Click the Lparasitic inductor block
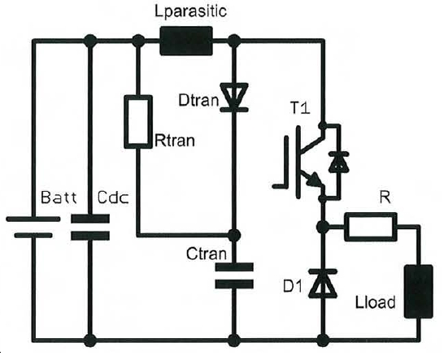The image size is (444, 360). click(x=186, y=41)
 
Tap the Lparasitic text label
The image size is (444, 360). click(x=190, y=11)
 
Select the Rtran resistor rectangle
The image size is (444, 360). click(x=138, y=122)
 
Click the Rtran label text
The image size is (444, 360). click(x=175, y=141)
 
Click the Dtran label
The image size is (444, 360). click(x=198, y=100)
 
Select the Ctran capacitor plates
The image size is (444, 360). click(x=234, y=275)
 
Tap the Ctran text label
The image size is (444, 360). click(x=207, y=254)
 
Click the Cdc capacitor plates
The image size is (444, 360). click(x=90, y=228)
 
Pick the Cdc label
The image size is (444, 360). click(x=113, y=197)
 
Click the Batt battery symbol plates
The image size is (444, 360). click(x=33, y=227)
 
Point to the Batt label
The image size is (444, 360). click(x=59, y=197)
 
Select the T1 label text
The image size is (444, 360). click(x=300, y=108)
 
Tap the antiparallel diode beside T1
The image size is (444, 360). click(x=338, y=162)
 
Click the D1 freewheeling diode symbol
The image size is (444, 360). click(x=323, y=284)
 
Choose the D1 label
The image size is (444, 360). click(x=293, y=287)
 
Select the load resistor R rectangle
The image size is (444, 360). click(x=371, y=227)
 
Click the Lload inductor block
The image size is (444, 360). click(x=418, y=292)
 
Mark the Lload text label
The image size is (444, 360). click(x=375, y=302)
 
